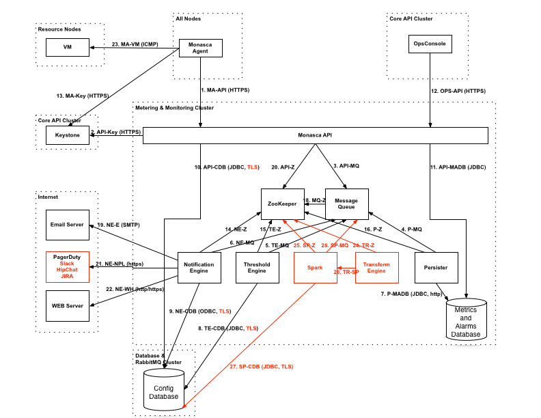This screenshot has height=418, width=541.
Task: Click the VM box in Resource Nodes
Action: [x=68, y=47]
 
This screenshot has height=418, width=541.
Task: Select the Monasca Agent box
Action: [x=201, y=47]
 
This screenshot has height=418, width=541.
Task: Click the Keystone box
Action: [x=68, y=135]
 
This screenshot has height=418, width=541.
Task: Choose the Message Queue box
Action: [x=346, y=203]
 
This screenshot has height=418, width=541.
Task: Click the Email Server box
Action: [x=68, y=225]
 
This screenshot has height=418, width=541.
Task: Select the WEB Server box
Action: [x=68, y=305]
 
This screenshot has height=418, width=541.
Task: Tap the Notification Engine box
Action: [x=201, y=268]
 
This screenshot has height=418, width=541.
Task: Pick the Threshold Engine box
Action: [x=256, y=268]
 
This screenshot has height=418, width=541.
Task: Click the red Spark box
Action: [x=315, y=268]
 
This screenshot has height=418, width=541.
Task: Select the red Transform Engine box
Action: [x=376, y=268]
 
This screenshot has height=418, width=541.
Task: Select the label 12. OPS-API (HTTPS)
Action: [x=458, y=90]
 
